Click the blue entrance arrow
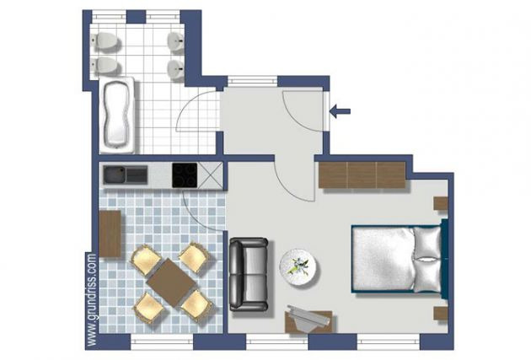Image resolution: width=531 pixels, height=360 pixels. [x=340, y=111]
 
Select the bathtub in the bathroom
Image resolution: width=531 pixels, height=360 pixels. [x=116, y=116]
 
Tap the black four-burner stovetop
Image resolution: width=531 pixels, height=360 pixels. [x=185, y=175]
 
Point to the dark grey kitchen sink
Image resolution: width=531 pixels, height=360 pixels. [x=126, y=175]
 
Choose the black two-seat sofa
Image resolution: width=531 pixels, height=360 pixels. [x=249, y=274]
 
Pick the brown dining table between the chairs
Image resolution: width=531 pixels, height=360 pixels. [x=171, y=282]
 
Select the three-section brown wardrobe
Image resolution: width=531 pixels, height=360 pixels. [x=362, y=175]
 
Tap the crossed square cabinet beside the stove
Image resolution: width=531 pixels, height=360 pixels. [x=210, y=175]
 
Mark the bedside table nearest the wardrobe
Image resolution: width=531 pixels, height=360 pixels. [x=441, y=203]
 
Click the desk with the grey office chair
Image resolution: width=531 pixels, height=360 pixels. [x=308, y=320]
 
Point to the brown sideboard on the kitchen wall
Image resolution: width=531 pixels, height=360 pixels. [x=110, y=234]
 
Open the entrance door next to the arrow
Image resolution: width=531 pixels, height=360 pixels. [x=303, y=110]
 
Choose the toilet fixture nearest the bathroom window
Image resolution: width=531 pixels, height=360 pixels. [x=105, y=41]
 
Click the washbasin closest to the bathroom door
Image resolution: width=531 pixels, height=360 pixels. [x=177, y=70]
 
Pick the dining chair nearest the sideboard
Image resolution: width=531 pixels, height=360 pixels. [x=146, y=260]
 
